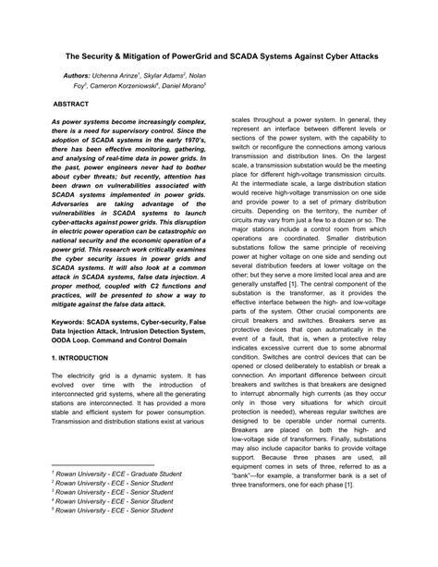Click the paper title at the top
coord(219,56)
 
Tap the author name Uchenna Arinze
coord(132,73)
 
